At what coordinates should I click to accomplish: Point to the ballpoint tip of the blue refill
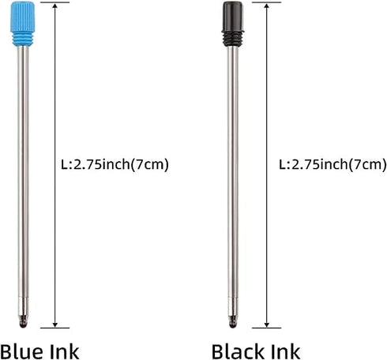tap(22, 322)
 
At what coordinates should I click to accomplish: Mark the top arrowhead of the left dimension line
tap(54, 7)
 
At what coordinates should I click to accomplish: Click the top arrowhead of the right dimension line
tap(269, 7)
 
